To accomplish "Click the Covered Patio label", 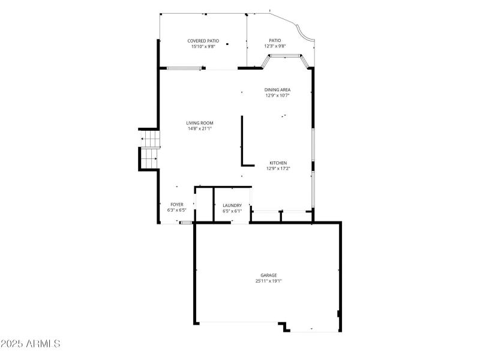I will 203,41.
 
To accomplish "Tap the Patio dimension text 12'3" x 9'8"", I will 275,46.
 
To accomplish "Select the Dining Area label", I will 277,90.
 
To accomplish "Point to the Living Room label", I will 199,123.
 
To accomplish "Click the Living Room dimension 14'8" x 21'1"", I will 200,128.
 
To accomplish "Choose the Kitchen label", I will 277,163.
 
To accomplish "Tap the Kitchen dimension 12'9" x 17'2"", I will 277,168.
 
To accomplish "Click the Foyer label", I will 176,205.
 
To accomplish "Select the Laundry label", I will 232,205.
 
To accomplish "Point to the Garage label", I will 268,275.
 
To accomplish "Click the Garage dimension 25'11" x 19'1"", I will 268,281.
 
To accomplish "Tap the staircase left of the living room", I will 149,150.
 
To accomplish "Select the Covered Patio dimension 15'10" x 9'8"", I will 203,46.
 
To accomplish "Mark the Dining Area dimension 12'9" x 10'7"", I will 277,95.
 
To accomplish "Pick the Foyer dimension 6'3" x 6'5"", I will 176,210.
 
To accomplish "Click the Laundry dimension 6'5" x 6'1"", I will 232,211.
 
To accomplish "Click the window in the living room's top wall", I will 184,68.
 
